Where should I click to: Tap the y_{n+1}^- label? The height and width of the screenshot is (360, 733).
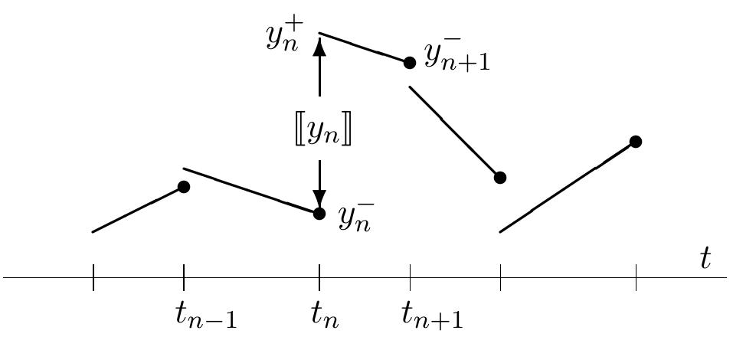pos(456,59)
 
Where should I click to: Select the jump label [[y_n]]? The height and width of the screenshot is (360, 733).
pos(319,133)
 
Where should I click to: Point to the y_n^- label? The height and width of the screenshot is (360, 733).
pos(356,218)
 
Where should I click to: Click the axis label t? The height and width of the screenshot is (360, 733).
pos(705,258)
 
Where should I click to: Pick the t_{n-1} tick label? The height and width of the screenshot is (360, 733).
pos(205,316)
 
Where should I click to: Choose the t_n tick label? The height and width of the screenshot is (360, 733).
pos(325,316)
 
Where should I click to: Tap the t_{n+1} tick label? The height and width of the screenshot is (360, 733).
pos(432,316)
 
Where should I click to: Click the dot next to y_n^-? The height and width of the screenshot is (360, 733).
pos(319,213)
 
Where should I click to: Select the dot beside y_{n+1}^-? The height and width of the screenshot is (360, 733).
pos(410,62)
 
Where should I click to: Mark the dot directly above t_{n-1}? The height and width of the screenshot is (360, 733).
pos(184,187)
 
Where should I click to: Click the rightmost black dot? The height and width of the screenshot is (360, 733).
pos(635,142)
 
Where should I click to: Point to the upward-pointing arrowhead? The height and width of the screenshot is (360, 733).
pos(319,47)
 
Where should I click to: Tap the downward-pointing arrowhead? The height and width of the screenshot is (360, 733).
pos(319,199)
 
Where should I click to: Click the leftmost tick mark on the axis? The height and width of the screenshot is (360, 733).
pos(93,277)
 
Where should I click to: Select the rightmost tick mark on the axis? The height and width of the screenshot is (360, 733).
pos(636,277)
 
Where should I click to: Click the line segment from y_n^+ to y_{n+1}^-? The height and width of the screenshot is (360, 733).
pos(363,47)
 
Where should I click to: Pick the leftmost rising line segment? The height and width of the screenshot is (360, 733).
pos(138,209)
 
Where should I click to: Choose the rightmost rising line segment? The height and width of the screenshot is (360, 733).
pos(567,187)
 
